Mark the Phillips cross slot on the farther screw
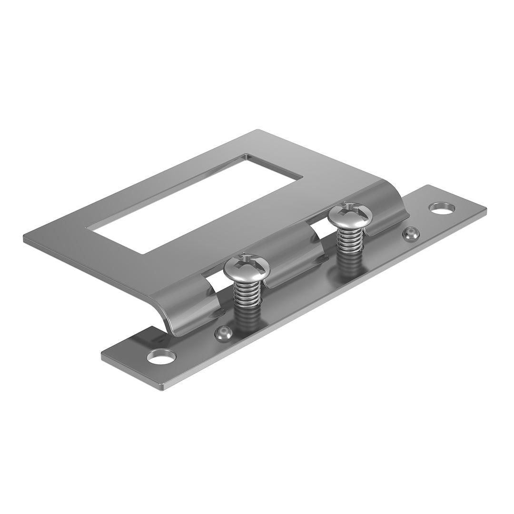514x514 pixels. (x=350, y=208)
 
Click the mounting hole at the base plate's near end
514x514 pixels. (x=161, y=356)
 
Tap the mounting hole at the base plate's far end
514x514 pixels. (x=442, y=208)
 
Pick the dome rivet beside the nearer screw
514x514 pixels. (x=223, y=333)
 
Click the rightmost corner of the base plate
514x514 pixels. (x=486, y=208)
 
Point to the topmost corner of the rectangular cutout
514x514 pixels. (x=247, y=154)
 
